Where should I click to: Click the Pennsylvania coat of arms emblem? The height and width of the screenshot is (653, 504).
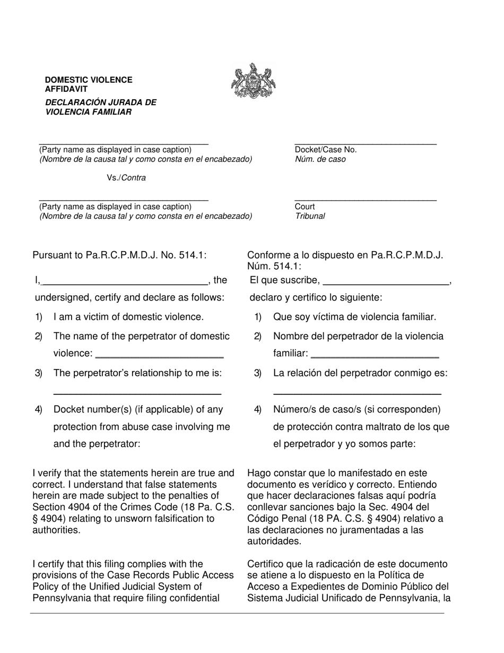254,81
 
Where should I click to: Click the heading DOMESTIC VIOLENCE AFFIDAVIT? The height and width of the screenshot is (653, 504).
89,84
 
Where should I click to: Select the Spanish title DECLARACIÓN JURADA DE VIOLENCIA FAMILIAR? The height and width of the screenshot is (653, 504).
101,107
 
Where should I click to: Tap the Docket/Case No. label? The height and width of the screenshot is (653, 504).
326,150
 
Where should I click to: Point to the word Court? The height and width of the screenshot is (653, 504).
305,207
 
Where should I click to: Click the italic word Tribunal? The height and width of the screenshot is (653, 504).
310,216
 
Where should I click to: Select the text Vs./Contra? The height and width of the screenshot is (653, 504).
126,178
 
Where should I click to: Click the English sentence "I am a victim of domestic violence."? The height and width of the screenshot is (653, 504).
128,317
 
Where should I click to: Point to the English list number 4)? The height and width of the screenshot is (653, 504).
39,409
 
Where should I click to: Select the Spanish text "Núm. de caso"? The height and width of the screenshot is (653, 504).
320,159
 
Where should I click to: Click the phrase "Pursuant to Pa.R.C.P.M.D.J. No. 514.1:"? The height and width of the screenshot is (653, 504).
119,255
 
